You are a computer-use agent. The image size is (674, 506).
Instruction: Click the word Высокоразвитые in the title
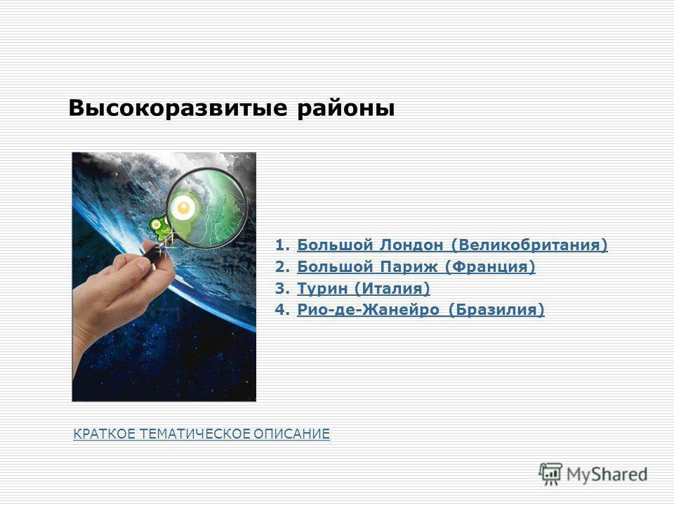coord(178,108)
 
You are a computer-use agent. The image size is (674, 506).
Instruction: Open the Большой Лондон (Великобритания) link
coord(452,245)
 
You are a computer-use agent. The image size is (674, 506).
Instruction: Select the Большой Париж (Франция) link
coord(416,267)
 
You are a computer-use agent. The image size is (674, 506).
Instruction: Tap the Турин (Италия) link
coord(363,288)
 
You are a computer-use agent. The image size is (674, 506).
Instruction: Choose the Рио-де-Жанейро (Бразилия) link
coord(421,310)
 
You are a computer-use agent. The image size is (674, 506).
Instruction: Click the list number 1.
coord(282,245)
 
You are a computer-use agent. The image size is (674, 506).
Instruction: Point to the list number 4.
coord(282,310)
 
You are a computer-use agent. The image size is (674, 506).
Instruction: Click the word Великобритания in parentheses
coord(529,245)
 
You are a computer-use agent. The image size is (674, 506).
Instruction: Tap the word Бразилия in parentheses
coord(496,310)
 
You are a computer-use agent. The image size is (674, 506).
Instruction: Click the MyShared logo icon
coord(550,474)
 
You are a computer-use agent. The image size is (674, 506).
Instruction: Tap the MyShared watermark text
coord(607,474)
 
